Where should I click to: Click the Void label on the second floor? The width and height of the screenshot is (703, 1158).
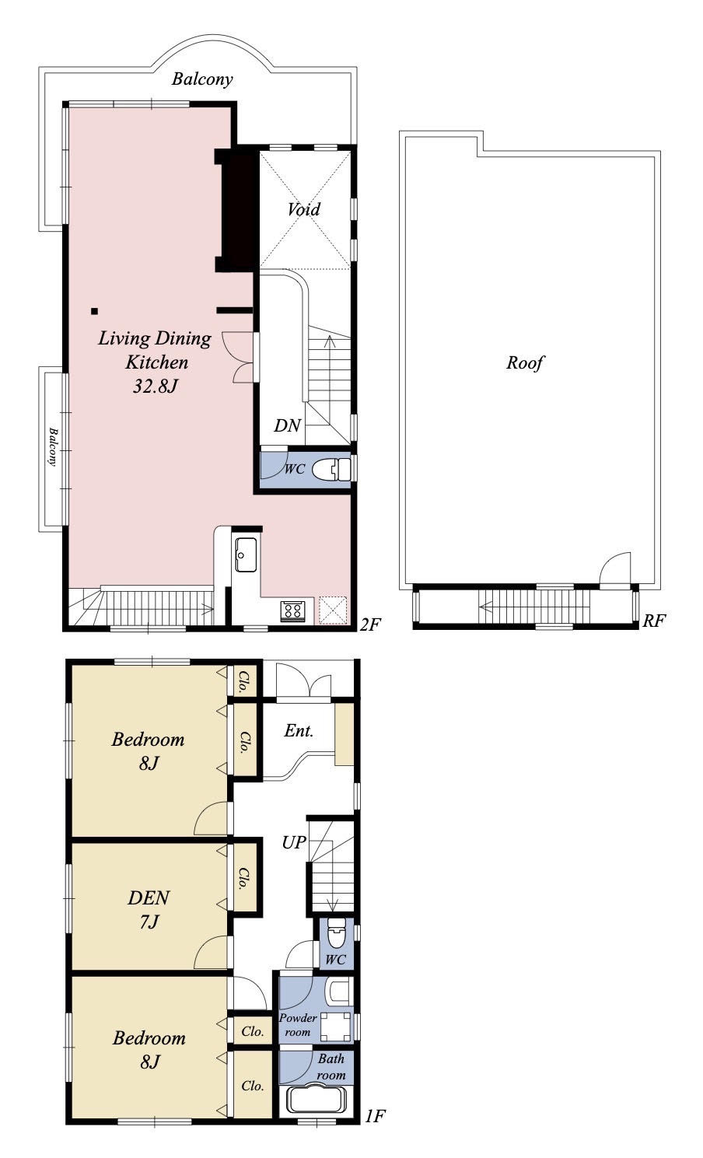click(303, 209)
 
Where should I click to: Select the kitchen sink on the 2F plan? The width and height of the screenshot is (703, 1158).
click(246, 555)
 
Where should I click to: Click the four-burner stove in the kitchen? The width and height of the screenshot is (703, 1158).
click(292, 611)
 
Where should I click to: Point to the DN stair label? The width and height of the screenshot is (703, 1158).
click(288, 425)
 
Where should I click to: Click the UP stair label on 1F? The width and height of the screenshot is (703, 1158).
click(294, 842)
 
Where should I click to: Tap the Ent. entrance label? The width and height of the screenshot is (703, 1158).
click(299, 730)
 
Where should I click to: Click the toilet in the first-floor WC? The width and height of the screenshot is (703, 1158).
click(336, 934)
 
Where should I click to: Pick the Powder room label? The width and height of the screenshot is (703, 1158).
click(298, 1024)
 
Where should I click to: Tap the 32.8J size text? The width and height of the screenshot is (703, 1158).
click(155, 387)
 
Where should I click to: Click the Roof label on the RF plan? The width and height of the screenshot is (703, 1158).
click(524, 362)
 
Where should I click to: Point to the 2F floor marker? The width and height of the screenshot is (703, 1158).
click(370, 624)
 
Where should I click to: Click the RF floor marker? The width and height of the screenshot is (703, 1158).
click(654, 621)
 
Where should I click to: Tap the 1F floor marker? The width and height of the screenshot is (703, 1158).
click(375, 1131)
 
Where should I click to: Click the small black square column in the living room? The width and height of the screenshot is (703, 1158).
click(95, 311)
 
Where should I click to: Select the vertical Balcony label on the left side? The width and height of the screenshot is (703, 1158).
click(53, 446)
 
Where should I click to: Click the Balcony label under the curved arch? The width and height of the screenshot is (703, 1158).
click(202, 79)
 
